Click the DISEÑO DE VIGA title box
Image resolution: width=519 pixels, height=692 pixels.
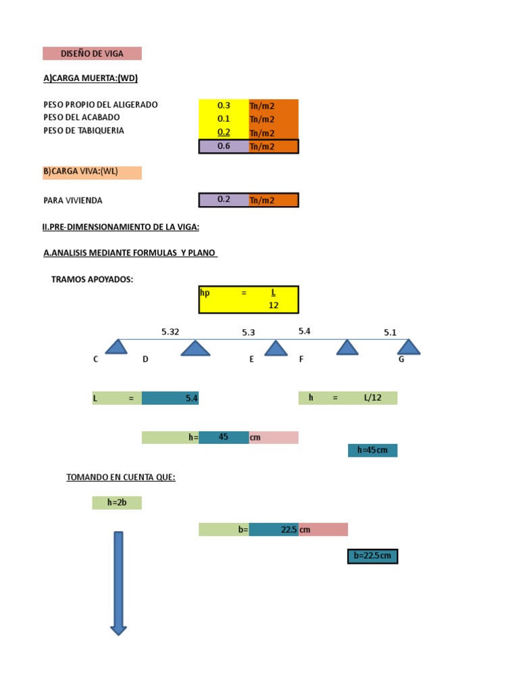point(92,53)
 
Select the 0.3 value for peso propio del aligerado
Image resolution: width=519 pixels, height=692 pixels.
point(224,105)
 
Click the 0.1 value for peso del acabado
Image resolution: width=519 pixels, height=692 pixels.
point(224,118)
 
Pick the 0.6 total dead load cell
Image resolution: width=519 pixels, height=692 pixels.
point(224,146)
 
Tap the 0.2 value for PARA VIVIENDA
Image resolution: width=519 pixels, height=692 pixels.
point(224,200)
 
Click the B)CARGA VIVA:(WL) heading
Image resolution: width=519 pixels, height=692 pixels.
point(92,172)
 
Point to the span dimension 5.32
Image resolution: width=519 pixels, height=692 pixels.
point(170,332)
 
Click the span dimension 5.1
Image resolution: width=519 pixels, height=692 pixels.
point(391,332)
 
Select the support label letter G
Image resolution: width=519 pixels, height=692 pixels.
point(401,360)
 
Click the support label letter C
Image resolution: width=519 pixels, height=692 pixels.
point(96,360)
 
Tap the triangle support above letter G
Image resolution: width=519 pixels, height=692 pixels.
point(408,347)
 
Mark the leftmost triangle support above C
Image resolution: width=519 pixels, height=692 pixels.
point(118,347)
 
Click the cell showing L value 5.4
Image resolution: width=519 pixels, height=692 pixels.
point(170,399)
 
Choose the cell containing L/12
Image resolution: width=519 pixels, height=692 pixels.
point(372,398)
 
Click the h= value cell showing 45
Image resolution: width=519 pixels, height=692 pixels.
point(224,437)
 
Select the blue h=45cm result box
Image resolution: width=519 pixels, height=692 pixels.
point(372,450)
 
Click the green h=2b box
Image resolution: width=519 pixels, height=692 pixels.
point(117,503)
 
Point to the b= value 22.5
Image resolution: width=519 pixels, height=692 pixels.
point(274,530)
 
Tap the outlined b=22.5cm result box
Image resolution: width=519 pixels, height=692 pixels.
point(372,556)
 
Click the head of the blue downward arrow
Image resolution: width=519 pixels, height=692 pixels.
point(118,630)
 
